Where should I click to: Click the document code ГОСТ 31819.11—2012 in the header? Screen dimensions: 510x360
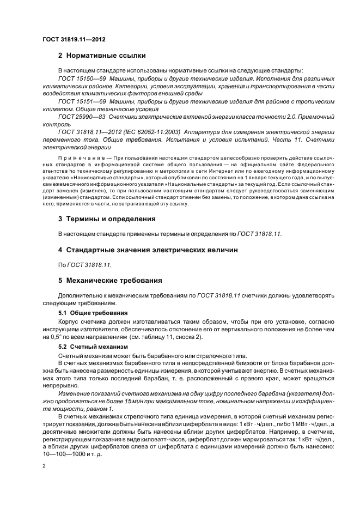74,39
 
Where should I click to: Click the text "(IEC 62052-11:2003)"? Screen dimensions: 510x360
154,132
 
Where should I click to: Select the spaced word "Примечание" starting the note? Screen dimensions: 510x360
80,157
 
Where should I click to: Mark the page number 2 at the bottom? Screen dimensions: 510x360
44,466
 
